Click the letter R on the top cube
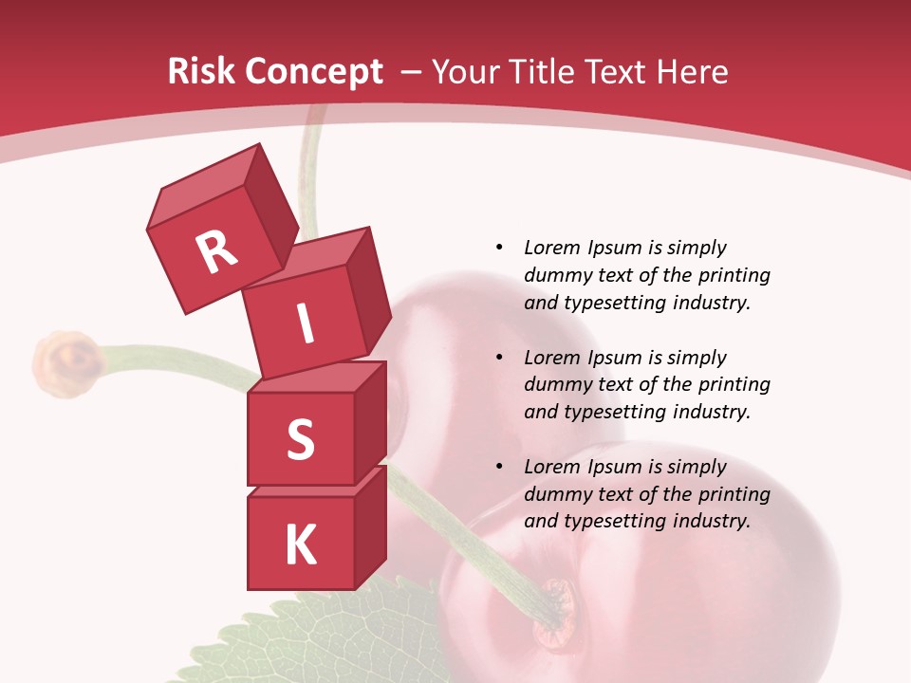(216, 251)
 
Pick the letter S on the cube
(300, 439)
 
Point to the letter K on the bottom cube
(300, 545)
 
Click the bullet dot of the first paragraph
(500, 248)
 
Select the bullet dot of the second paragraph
(500, 358)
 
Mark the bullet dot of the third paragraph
(500, 467)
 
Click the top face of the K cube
(318, 482)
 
